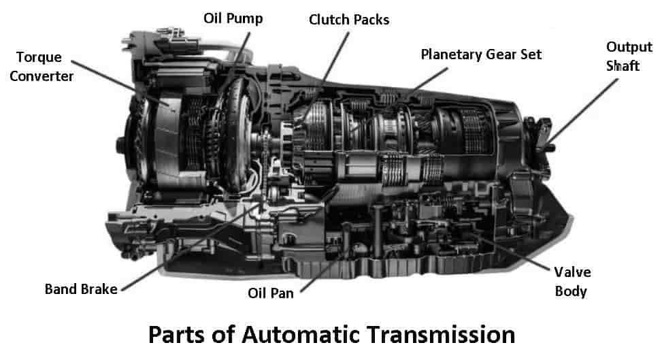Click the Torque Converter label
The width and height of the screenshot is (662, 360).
pyautogui.click(x=42, y=67)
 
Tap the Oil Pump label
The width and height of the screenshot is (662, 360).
pyautogui.click(x=233, y=18)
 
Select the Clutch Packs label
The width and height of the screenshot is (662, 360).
pyautogui.click(x=349, y=20)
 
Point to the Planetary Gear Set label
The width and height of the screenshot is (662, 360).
pyautogui.click(x=481, y=54)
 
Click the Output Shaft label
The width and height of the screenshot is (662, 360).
pyautogui.click(x=629, y=56)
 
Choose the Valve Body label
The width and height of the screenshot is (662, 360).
pyautogui.click(x=572, y=282)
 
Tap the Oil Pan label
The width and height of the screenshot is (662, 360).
pyautogui.click(x=271, y=293)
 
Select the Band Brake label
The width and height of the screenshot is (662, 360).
pyautogui.click(x=81, y=289)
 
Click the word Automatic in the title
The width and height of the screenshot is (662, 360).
pyautogui.click(x=301, y=335)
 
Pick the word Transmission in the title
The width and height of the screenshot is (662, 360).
pyautogui.click(x=441, y=335)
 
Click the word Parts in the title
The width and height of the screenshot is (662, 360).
pyautogui.click(x=178, y=335)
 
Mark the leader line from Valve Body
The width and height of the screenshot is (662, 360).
pyautogui.click(x=513, y=248)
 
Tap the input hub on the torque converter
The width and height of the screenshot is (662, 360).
pyautogui.click(x=120, y=145)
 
